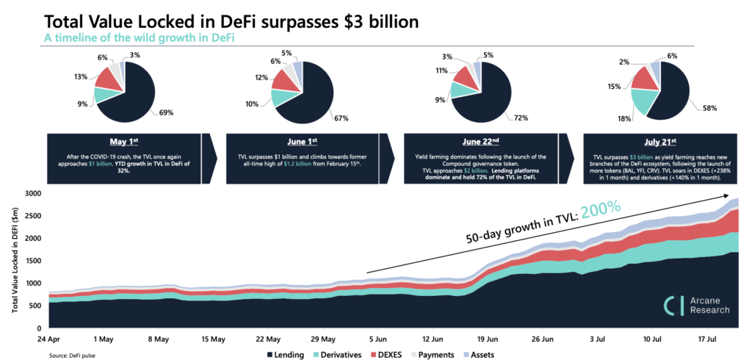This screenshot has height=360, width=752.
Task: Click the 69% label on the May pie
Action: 167,112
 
